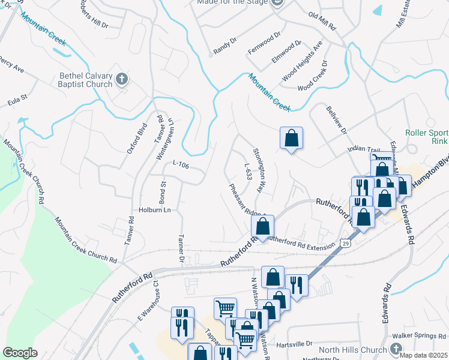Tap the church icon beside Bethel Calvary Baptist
click(122, 79)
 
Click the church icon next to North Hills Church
click(395, 349)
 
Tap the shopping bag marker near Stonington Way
click(291, 138)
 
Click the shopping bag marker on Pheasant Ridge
click(262, 226)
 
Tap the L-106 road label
click(181, 163)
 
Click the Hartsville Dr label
click(295, 344)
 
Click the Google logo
click(20, 353)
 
